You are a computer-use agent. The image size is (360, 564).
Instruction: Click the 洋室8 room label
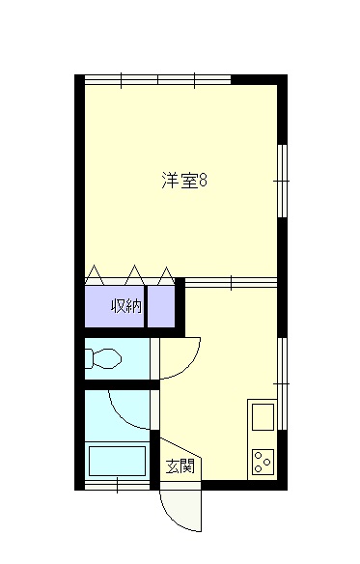tap(183, 181)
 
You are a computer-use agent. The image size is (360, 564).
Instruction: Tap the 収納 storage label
tap(126, 306)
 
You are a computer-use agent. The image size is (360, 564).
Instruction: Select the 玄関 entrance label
tap(180, 466)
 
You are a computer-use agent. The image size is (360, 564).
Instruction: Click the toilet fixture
tap(103, 358)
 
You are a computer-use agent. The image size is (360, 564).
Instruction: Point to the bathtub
tap(117, 461)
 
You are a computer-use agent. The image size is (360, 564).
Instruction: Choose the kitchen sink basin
tap(263, 417)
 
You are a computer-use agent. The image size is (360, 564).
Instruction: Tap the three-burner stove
tap(263, 462)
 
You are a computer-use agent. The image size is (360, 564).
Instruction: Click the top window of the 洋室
tap(157, 80)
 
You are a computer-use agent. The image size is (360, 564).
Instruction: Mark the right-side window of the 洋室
tap(283, 181)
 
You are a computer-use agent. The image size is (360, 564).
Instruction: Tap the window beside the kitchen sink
tap(283, 383)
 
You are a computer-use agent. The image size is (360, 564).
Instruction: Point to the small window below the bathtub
tap(117, 485)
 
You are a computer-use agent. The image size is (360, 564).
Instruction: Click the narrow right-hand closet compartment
tap(161, 307)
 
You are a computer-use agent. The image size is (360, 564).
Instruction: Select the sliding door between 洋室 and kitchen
tap(231, 283)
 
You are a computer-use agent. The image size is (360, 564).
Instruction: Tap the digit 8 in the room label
tap(203, 181)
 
